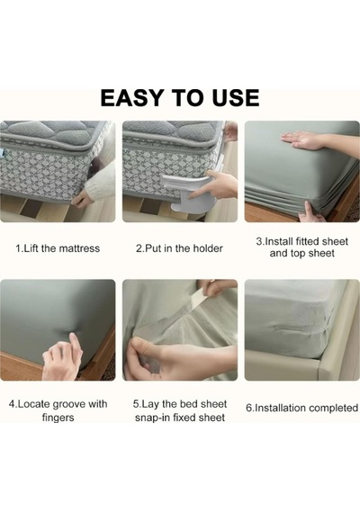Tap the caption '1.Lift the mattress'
pos(58,248)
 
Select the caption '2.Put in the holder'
pos(179,248)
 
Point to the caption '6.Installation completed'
pos(301,408)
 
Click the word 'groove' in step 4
pos(68,404)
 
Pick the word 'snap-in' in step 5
pos(152,418)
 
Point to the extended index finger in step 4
pos(76,343)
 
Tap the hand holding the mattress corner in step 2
pos(230,130)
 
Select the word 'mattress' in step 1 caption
pos(79,248)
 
